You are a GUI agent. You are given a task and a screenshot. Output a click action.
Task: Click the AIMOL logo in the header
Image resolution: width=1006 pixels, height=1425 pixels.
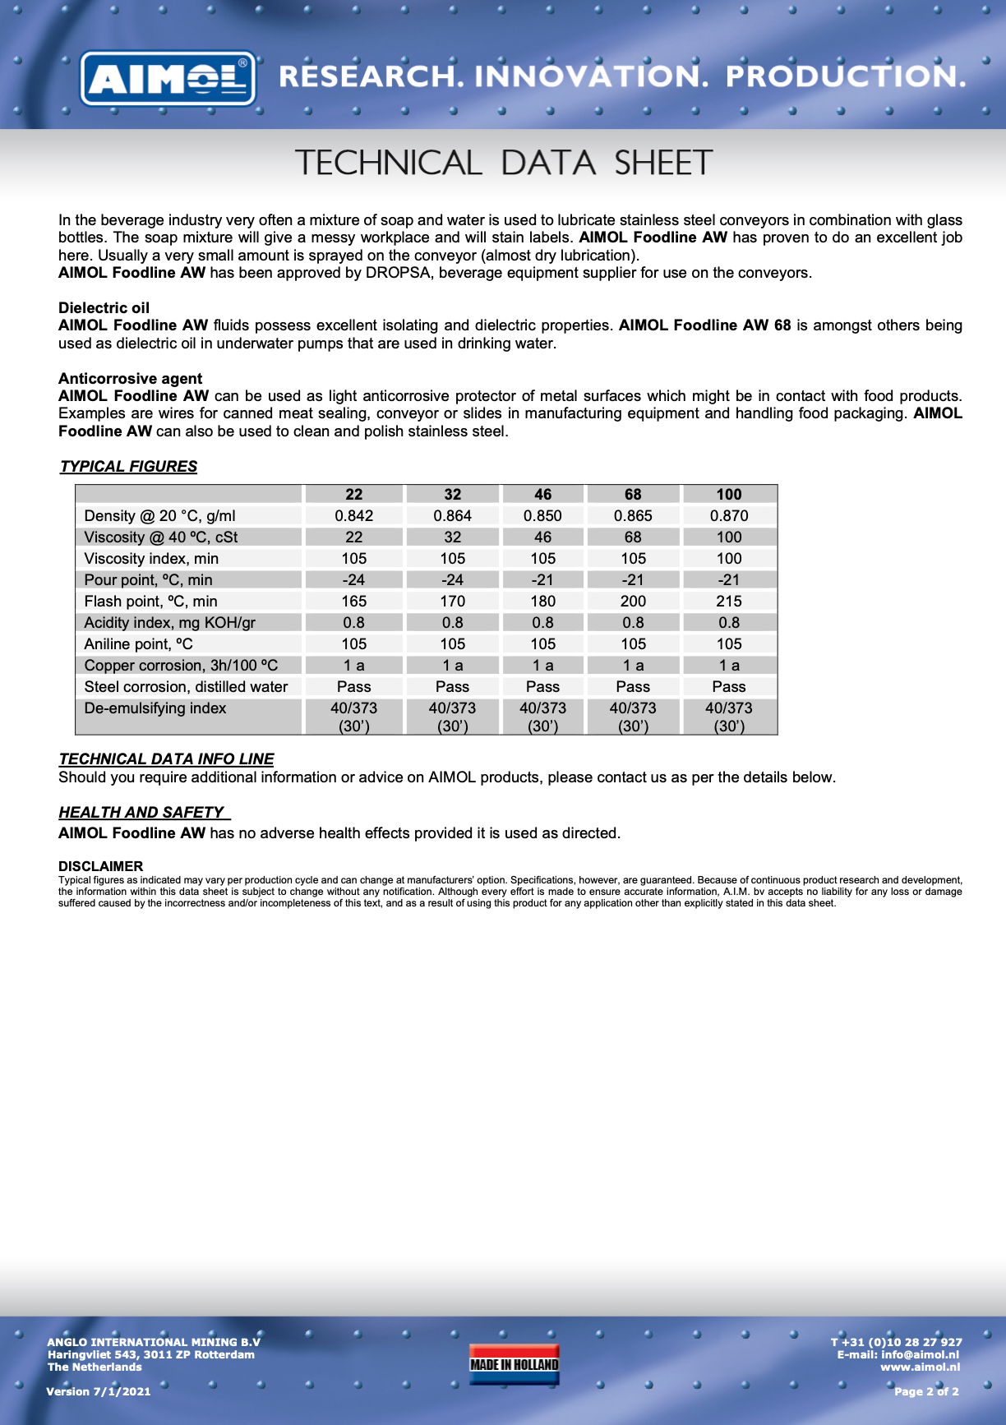pos(168,79)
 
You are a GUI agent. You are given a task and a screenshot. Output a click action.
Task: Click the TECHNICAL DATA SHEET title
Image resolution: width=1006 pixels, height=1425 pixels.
pos(503,163)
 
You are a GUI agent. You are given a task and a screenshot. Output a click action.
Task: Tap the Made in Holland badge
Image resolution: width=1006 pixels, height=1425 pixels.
pos(514,1364)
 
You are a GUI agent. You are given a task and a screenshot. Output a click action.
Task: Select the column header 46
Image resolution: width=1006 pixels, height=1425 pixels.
pos(542,494)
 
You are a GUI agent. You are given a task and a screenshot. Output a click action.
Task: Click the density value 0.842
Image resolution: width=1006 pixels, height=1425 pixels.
pos(353,515)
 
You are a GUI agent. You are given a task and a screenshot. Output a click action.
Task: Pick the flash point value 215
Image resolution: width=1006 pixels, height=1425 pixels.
pos(728,601)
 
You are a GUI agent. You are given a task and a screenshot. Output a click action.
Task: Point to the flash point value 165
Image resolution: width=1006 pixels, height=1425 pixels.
pos(353,601)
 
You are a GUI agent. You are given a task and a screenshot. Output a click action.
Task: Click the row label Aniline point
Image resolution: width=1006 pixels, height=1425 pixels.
pos(138,643)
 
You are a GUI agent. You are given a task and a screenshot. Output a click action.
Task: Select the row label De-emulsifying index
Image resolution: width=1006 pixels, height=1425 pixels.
pos(155,708)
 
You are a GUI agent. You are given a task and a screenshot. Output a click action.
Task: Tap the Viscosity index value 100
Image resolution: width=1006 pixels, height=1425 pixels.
pos(728,558)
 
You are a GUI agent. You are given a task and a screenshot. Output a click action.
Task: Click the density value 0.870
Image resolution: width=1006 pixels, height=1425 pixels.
pos(728,515)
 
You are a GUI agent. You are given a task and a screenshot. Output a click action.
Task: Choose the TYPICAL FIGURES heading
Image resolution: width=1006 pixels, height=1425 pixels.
pos(128,466)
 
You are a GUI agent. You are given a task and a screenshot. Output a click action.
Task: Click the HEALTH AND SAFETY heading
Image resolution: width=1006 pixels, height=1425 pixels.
pos(141,812)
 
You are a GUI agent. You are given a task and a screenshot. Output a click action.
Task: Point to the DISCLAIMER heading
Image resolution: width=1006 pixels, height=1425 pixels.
pos(100,866)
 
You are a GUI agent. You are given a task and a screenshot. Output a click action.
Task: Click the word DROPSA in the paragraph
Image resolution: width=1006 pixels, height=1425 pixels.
pos(399,273)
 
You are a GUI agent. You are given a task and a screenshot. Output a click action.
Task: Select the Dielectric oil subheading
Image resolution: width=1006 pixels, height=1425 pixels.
pos(104,308)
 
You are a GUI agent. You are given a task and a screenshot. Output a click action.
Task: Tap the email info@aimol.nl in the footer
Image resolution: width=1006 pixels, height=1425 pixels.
pos(920,1354)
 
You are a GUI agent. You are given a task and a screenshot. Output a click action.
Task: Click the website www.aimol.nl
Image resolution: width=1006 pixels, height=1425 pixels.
pos(920,1367)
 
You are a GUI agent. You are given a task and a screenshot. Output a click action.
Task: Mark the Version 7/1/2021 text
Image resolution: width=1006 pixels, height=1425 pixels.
pos(99,1391)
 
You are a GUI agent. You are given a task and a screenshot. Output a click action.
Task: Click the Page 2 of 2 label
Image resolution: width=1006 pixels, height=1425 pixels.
pos(926,1391)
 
